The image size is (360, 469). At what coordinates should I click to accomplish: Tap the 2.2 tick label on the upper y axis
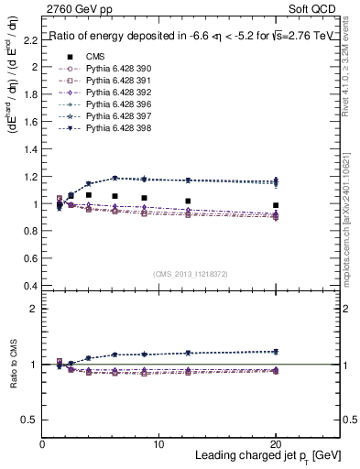[30, 39]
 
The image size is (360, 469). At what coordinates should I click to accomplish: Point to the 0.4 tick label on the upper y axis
[30, 286]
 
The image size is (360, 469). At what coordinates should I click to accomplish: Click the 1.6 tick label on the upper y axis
[30, 122]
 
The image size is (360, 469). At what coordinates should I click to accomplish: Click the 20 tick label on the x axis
[276, 444]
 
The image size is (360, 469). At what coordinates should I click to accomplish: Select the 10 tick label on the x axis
[158, 444]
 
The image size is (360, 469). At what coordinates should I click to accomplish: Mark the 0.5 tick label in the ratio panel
[30, 419]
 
